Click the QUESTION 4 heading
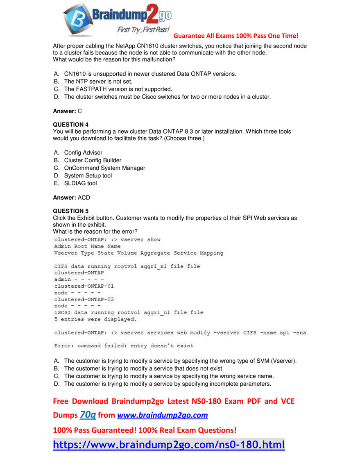(70, 124)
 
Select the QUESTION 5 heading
(70, 211)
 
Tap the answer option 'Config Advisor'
(83, 152)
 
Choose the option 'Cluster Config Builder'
(93, 160)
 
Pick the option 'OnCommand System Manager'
(104, 168)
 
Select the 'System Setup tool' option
(88, 175)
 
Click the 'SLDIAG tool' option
(80, 183)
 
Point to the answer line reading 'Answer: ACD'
(71, 198)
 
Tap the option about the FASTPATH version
(118, 89)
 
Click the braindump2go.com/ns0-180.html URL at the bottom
(169, 445)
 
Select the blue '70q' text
(88, 415)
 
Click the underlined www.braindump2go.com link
(163, 415)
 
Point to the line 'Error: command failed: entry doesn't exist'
(124, 346)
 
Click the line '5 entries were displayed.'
(95, 319)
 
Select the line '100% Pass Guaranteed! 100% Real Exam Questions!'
(145, 430)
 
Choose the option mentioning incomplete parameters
(168, 384)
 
